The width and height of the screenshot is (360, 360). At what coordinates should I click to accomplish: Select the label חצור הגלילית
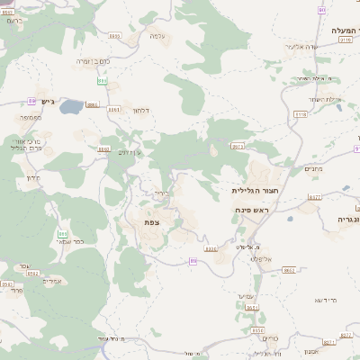pos(251,191)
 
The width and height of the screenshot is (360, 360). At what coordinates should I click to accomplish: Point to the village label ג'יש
pos(48,102)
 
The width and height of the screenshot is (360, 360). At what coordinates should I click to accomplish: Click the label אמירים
pos(52,281)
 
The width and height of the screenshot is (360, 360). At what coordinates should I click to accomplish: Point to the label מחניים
pos(314,169)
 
